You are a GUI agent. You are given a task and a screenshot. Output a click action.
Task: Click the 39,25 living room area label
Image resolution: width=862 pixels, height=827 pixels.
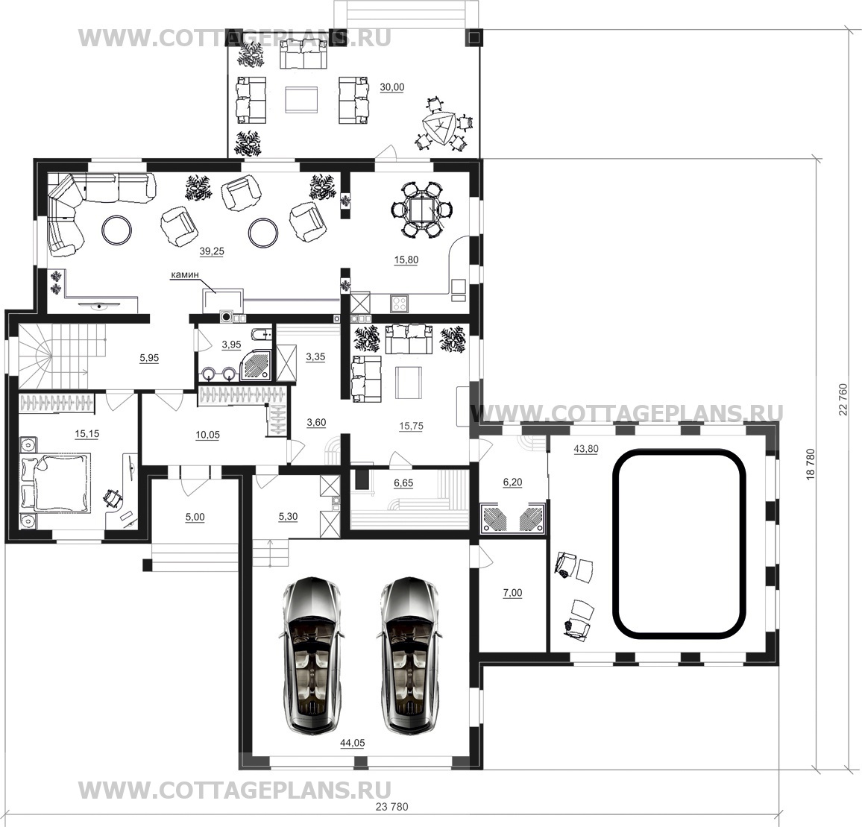(212, 251)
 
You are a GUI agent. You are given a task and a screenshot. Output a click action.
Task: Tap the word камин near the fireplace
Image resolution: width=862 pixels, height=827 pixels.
(185, 274)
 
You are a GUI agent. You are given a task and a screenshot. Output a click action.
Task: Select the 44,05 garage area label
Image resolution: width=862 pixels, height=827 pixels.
(353, 743)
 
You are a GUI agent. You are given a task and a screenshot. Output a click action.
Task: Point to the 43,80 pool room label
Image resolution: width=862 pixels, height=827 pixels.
(586, 449)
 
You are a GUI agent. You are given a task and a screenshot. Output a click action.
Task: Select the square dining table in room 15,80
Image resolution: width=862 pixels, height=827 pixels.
(421, 210)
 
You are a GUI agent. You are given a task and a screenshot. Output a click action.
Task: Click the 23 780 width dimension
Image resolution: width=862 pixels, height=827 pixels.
(392, 807)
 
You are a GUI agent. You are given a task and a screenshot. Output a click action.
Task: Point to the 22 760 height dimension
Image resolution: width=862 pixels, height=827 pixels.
(843, 400)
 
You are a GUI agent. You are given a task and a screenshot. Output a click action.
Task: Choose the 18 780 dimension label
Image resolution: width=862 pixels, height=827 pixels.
(810, 465)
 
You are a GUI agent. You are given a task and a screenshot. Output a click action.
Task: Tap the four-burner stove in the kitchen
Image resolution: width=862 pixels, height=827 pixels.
(400, 304)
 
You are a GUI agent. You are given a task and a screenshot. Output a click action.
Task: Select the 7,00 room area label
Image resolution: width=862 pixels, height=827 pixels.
(513, 593)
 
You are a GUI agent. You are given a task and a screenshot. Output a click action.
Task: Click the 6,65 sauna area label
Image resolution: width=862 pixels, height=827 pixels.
(403, 483)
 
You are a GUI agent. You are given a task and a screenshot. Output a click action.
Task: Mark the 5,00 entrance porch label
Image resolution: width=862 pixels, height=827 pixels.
(195, 518)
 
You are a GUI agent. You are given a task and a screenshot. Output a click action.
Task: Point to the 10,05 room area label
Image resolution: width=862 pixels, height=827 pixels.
(207, 435)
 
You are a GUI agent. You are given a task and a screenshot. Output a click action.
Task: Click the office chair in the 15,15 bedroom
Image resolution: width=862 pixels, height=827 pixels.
(114, 498)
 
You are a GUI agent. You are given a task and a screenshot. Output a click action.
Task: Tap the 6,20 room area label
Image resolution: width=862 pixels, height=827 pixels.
(513, 482)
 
